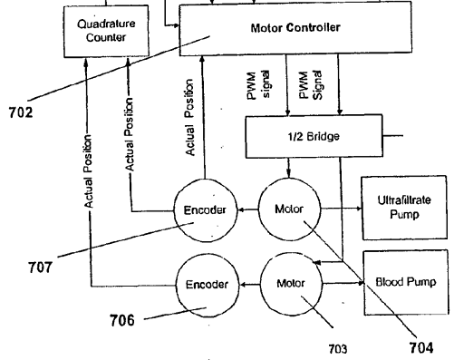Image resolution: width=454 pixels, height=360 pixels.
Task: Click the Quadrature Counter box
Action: [x=106, y=31]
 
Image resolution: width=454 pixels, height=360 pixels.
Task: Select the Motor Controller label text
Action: [x=295, y=28]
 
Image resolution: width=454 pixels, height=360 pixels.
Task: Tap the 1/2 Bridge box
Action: [x=314, y=136]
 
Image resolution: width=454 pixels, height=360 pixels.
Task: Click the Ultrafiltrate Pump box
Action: [x=404, y=208]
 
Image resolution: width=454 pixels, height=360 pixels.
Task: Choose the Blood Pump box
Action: [x=406, y=283]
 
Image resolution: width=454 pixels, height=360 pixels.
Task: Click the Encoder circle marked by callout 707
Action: [x=206, y=210]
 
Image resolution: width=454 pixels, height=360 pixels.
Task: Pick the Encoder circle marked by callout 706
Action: [x=208, y=285]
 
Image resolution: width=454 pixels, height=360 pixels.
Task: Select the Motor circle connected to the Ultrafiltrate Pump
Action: [x=289, y=209]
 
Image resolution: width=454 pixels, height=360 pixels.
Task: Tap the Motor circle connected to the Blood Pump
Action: [x=291, y=284]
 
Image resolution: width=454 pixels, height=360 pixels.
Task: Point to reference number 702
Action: [x=21, y=112]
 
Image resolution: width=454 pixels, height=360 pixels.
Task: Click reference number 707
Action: [x=40, y=268]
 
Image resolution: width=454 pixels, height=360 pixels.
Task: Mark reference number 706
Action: [x=122, y=320]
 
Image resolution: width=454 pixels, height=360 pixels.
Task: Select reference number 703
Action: [x=338, y=349]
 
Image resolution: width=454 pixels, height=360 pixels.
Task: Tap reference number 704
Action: [x=421, y=347]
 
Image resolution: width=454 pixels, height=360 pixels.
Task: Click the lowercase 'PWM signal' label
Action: [x=258, y=84]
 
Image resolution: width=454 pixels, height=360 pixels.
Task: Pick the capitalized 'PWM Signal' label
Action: [x=311, y=85]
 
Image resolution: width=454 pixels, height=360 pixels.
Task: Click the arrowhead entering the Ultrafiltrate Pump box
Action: [x=359, y=209]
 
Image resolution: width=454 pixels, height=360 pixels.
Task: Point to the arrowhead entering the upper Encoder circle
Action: [x=241, y=209]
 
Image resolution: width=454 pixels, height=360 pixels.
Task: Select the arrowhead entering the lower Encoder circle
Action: [x=243, y=285]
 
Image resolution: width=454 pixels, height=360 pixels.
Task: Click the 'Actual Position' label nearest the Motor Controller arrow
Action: [x=189, y=118]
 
